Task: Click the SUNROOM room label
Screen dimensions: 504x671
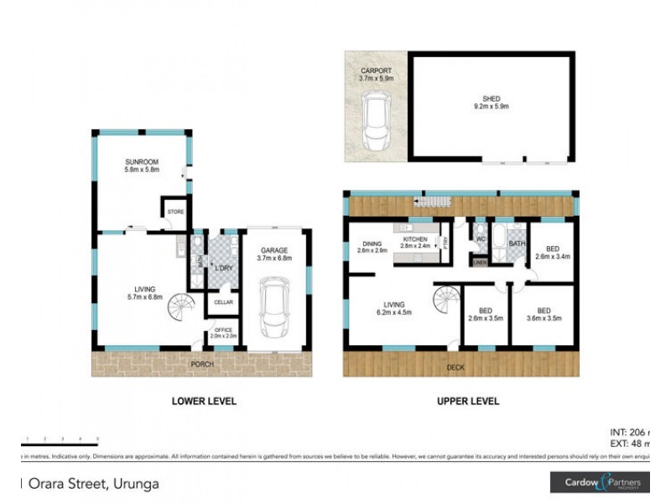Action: [x=142, y=161]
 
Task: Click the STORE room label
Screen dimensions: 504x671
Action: [x=176, y=212]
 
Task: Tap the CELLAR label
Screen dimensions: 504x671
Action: [x=223, y=302]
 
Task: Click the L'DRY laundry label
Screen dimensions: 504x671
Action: [x=223, y=267]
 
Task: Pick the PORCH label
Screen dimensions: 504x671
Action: [x=201, y=364]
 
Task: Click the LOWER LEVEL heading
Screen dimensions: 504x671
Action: [x=204, y=402]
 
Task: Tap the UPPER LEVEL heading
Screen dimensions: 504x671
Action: [x=468, y=402]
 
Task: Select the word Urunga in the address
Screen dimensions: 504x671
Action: [x=131, y=483]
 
